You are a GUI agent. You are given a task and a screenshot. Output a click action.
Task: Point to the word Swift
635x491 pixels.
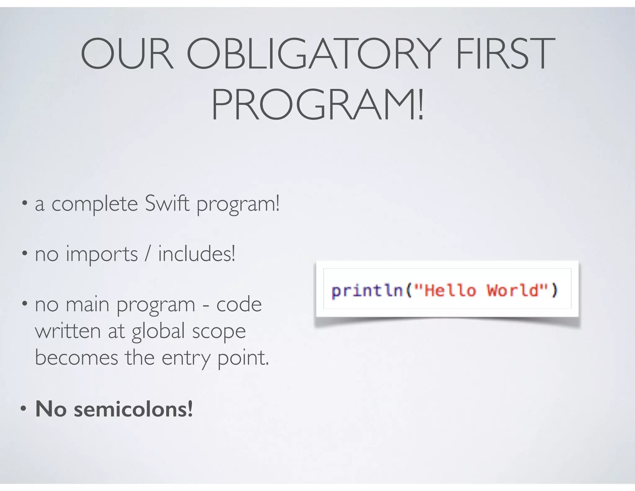(167, 204)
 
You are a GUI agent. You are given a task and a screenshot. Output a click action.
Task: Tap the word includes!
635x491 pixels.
(197, 254)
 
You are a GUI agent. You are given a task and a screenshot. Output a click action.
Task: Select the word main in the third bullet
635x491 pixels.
(87, 304)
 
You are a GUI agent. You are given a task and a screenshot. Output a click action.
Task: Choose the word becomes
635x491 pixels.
(77, 358)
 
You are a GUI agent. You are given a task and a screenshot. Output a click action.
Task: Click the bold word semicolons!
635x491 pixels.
(133, 409)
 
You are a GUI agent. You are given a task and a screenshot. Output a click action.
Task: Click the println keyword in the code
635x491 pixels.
(367, 291)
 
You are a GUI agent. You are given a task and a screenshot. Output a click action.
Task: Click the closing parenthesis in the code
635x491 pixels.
(554, 291)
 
